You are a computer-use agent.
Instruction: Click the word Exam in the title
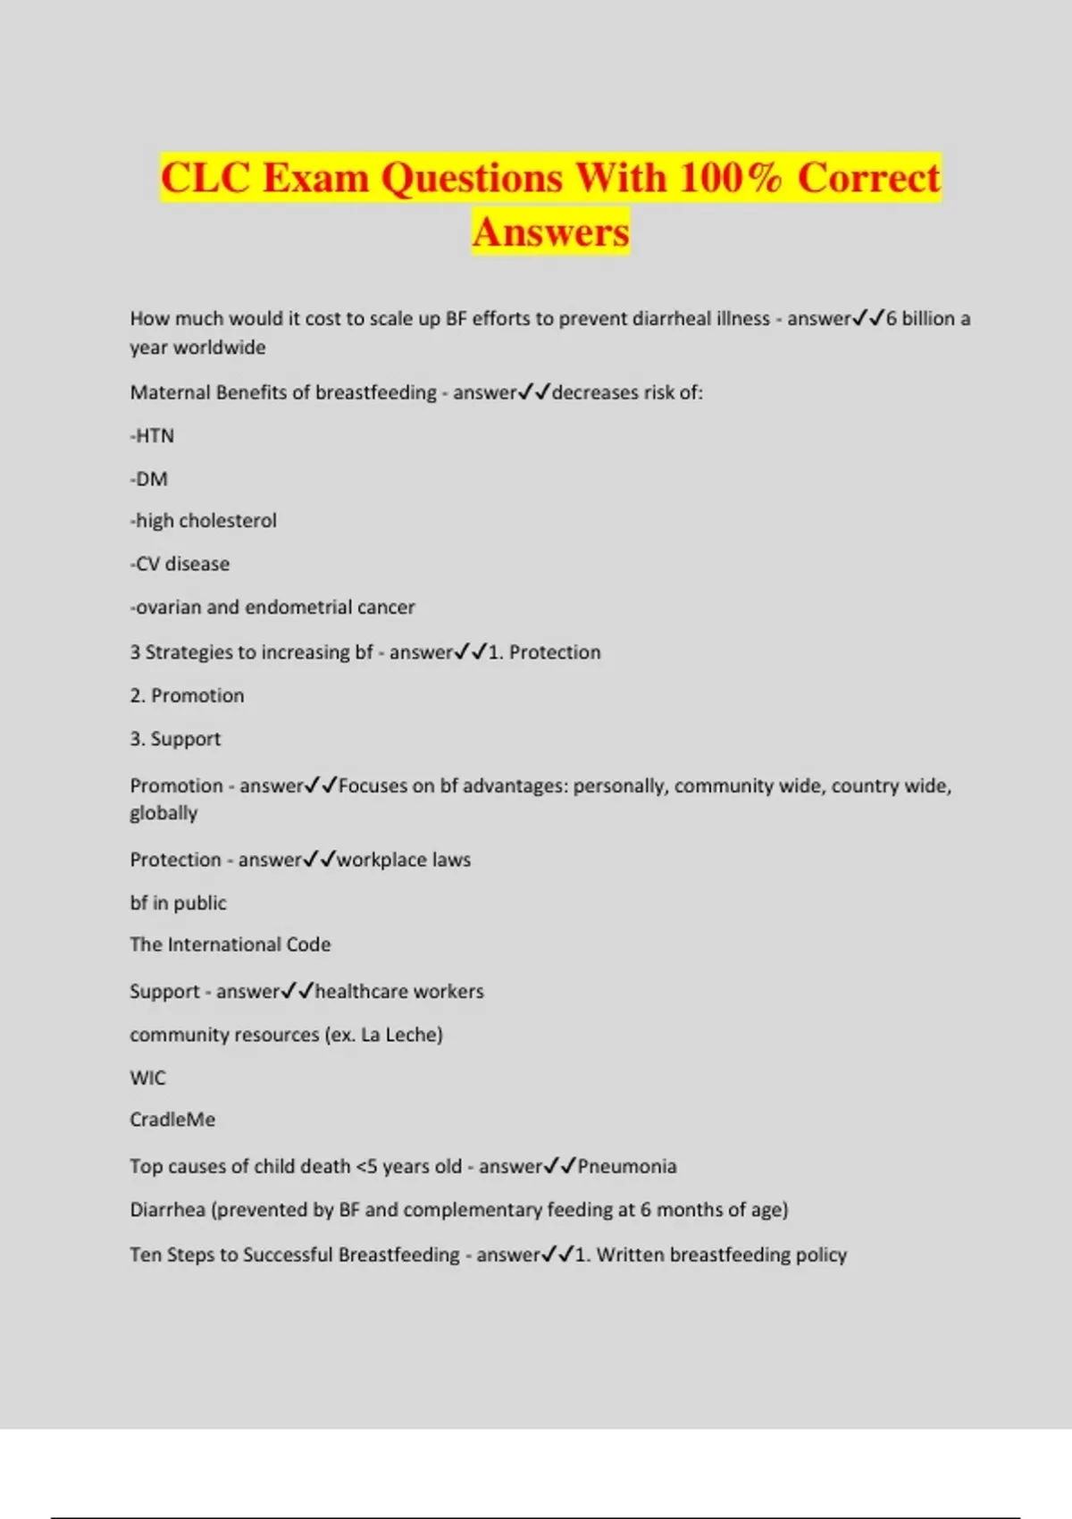[315, 178]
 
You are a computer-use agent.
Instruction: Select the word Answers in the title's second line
[550, 232]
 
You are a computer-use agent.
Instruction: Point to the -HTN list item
[152, 436]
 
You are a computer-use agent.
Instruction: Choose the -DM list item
[148, 479]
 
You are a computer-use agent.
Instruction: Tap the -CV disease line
[180, 564]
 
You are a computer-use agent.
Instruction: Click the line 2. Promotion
[187, 695]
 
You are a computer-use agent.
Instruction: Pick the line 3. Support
[175, 739]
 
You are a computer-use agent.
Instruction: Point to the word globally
[163, 813]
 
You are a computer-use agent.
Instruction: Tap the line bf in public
[178, 902]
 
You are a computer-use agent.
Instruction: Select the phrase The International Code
[230, 944]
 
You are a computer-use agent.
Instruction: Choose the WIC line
[147, 1078]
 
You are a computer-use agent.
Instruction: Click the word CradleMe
[172, 1120]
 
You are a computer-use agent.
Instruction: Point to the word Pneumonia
[627, 1166]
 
